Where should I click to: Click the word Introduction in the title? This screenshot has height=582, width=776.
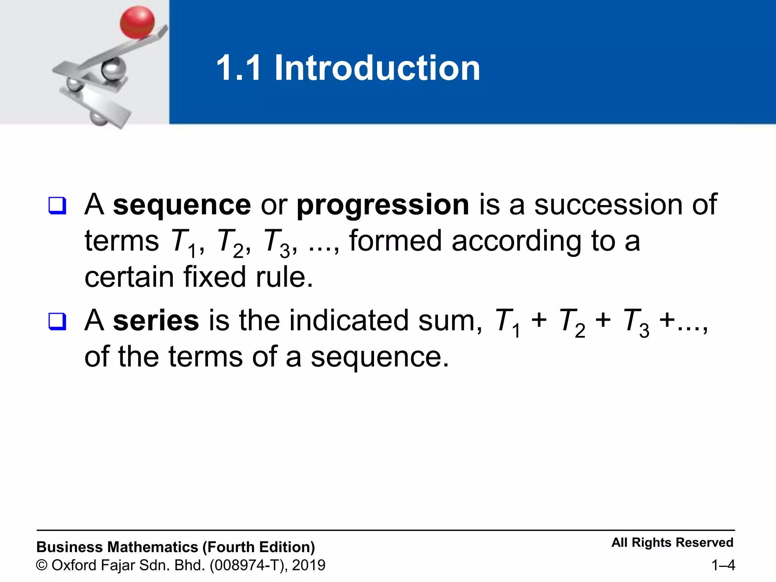(377, 68)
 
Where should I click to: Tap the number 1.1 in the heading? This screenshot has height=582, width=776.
(239, 68)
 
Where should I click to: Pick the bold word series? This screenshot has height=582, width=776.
(156, 321)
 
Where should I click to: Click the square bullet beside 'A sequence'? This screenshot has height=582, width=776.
(57, 206)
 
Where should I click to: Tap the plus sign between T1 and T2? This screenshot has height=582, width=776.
(539, 321)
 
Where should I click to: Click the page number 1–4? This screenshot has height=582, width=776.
(723, 565)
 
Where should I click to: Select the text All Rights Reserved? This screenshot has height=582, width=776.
(672, 543)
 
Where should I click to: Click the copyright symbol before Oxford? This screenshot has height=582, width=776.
(42, 565)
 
